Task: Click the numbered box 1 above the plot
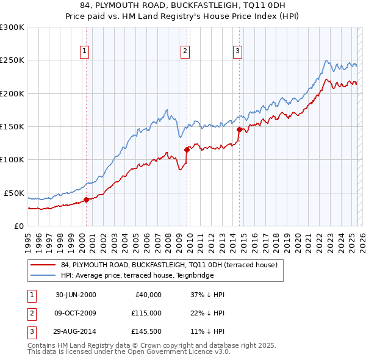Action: (x=84, y=52)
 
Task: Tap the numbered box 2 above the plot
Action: (x=185, y=52)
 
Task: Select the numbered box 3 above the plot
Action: (x=237, y=52)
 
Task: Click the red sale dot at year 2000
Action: (x=86, y=199)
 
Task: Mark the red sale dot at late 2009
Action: (x=187, y=149)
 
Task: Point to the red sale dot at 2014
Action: (x=239, y=129)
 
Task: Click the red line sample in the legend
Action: (x=42, y=265)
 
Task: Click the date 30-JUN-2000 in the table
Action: (x=76, y=295)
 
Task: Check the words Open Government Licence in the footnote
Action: (x=179, y=352)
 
